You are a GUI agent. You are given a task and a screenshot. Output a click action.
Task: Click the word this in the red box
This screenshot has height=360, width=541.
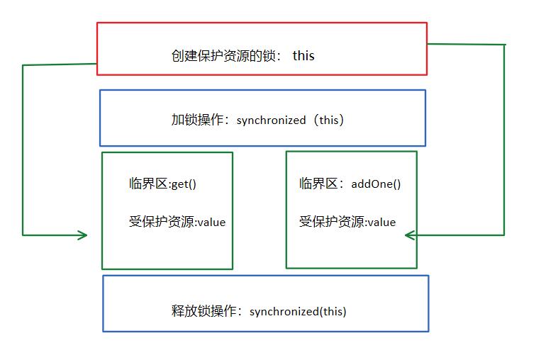pos(303,55)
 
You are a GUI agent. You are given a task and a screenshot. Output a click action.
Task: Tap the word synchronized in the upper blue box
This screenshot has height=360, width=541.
pos(271,120)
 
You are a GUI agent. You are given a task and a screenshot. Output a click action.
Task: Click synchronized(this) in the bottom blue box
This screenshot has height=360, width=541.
pos(298,311)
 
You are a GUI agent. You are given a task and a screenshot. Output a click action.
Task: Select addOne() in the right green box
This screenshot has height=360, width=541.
pos(376,184)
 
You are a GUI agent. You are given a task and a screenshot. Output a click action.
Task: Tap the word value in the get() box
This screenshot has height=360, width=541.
pos(211,222)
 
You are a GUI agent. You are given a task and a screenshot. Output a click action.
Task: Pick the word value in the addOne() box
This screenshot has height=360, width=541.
pos(381,222)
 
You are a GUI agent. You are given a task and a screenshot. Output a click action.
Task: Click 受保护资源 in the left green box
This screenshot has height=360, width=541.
pos(162,222)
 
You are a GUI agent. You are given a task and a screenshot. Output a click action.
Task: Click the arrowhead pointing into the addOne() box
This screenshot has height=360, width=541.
pos(410,235)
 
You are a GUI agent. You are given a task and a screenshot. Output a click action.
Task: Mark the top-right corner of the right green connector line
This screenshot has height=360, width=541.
pos(504,45)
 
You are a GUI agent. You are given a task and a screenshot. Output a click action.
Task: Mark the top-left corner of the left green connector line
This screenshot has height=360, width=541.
pos(23,66)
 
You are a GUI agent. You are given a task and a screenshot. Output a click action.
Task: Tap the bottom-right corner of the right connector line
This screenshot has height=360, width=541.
pos(503,235)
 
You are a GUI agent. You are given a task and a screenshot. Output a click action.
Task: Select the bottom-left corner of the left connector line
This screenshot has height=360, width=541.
pos(23,235)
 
